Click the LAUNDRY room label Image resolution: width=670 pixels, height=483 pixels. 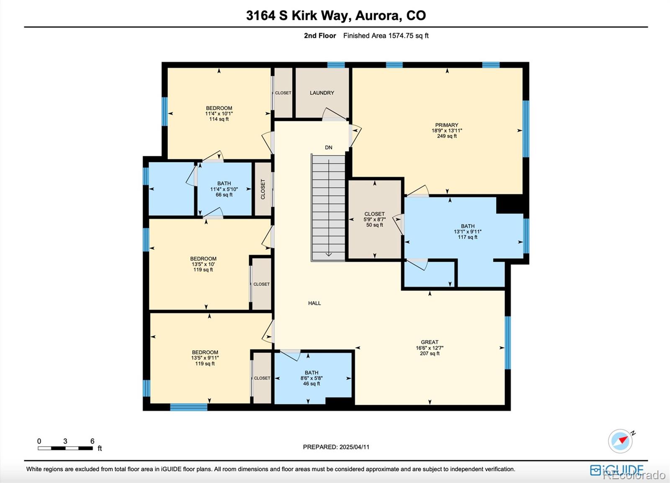click(322, 93)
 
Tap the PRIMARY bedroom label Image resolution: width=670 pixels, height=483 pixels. click(446, 125)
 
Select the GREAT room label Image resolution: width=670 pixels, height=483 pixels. click(430, 342)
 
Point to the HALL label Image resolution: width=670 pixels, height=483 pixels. click(314, 303)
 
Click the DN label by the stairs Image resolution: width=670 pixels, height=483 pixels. click(328, 147)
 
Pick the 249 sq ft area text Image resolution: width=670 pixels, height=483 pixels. click(447, 136)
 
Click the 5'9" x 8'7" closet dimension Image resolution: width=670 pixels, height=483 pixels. click(374, 220)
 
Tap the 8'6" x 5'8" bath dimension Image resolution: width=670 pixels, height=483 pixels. click(312, 378)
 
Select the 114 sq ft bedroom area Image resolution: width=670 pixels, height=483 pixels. click(219, 119)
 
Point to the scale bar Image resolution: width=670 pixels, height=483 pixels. click(65, 448)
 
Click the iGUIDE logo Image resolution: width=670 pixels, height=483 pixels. click(617, 470)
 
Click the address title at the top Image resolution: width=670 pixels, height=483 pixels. click(336, 15)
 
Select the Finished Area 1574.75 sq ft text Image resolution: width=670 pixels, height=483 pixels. click(386, 36)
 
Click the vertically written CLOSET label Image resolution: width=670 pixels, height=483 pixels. click(263, 189)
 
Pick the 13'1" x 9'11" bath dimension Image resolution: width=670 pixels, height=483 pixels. click(467, 232)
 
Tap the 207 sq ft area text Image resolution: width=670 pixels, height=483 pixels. click(430, 354)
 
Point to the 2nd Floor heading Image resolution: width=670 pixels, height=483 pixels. click(320, 36)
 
